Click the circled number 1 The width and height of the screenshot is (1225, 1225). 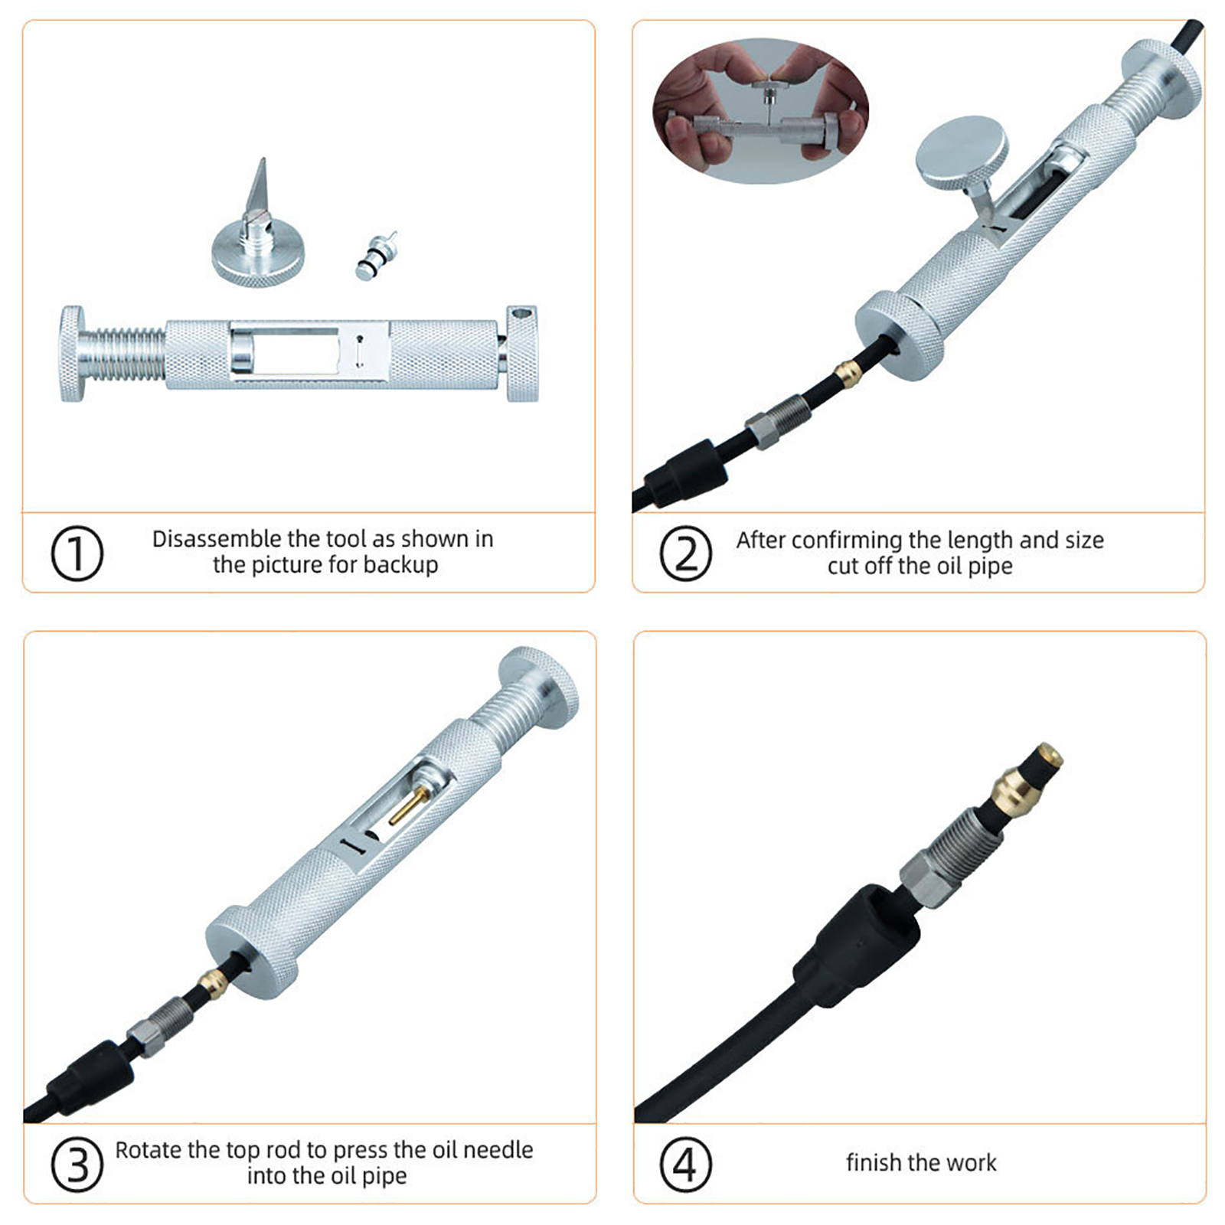[x=77, y=553]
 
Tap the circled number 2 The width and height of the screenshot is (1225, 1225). [x=685, y=553]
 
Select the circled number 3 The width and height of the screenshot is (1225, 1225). [x=77, y=1164]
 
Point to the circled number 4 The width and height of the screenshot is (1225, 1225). [x=685, y=1164]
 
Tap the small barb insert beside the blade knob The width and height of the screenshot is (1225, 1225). [x=376, y=255]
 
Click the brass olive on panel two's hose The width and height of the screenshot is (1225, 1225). [x=847, y=374]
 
